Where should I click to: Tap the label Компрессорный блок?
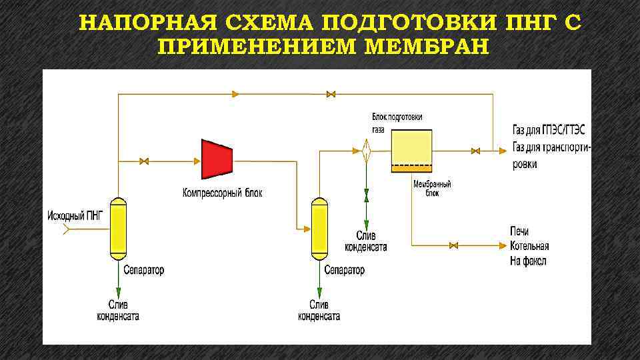tap(223, 193)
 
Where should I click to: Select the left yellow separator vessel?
tap(118, 228)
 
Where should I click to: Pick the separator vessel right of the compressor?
tap(319, 228)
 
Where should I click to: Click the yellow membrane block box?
tap(411, 151)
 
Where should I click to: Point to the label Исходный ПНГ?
tap(76, 215)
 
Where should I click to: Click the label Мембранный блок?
tap(433, 188)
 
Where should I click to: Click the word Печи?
tap(519, 231)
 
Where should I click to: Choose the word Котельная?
tap(531, 246)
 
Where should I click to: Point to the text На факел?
tap(529, 261)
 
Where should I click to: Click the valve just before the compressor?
tap(145, 161)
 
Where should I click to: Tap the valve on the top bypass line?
tap(330, 94)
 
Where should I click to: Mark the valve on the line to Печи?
tap(454, 246)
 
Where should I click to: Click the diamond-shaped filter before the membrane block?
tap(366, 151)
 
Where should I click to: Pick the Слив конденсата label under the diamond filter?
tap(365, 241)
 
